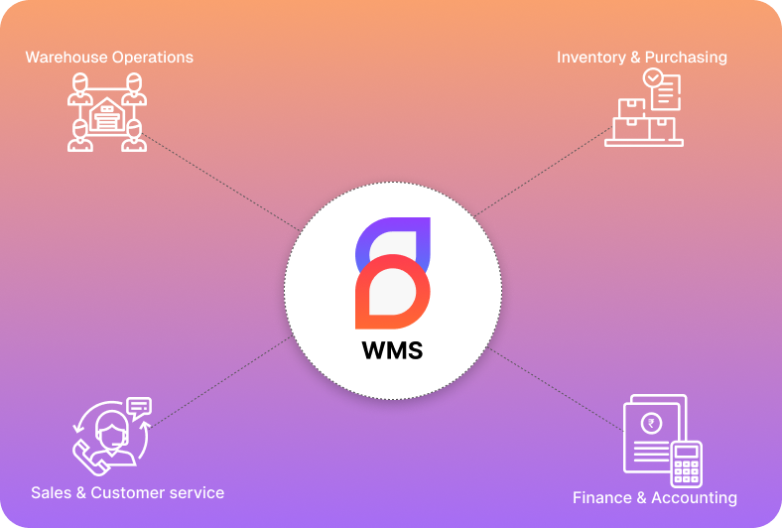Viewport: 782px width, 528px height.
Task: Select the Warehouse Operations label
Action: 109,57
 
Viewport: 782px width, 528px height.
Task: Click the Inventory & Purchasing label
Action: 641,57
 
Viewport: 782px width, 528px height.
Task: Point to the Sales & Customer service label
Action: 127,492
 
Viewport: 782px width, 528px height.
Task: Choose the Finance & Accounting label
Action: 654,497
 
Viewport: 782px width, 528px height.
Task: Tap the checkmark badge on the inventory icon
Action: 652,76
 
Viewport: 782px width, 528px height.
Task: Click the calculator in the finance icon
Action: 686,462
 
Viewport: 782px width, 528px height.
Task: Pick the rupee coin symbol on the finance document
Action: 652,424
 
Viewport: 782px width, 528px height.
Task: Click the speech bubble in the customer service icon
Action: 139,405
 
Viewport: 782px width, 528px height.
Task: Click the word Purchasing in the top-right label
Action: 686,57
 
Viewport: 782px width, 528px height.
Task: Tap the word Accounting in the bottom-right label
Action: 694,497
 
